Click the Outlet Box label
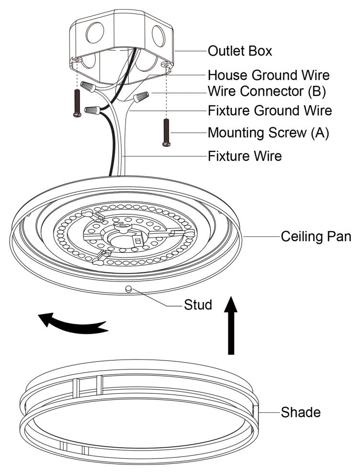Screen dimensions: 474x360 [239, 51]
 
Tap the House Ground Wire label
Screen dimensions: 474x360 [269, 75]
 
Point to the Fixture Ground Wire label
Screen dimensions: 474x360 [270, 111]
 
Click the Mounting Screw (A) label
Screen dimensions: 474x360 [268, 133]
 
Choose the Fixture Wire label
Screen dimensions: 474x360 [244, 156]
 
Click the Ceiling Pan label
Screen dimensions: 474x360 [316, 236]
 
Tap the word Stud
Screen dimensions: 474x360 [198, 305]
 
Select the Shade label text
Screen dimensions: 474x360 [300, 412]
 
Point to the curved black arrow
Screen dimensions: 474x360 [72, 322]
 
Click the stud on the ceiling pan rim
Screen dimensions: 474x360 [128, 288]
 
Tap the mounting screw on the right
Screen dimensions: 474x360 [166, 132]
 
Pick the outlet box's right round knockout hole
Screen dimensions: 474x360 [158, 36]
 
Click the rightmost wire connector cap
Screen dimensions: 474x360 [139, 98]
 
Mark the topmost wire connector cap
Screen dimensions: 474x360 [88, 87]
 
